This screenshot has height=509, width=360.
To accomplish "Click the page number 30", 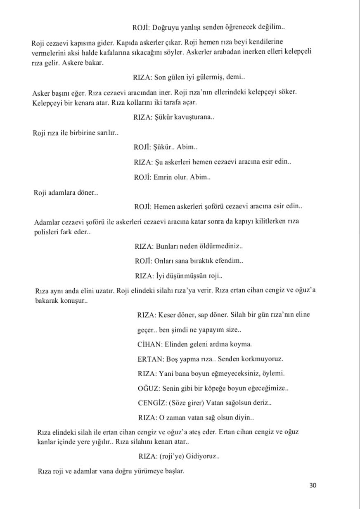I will point(313,485).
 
